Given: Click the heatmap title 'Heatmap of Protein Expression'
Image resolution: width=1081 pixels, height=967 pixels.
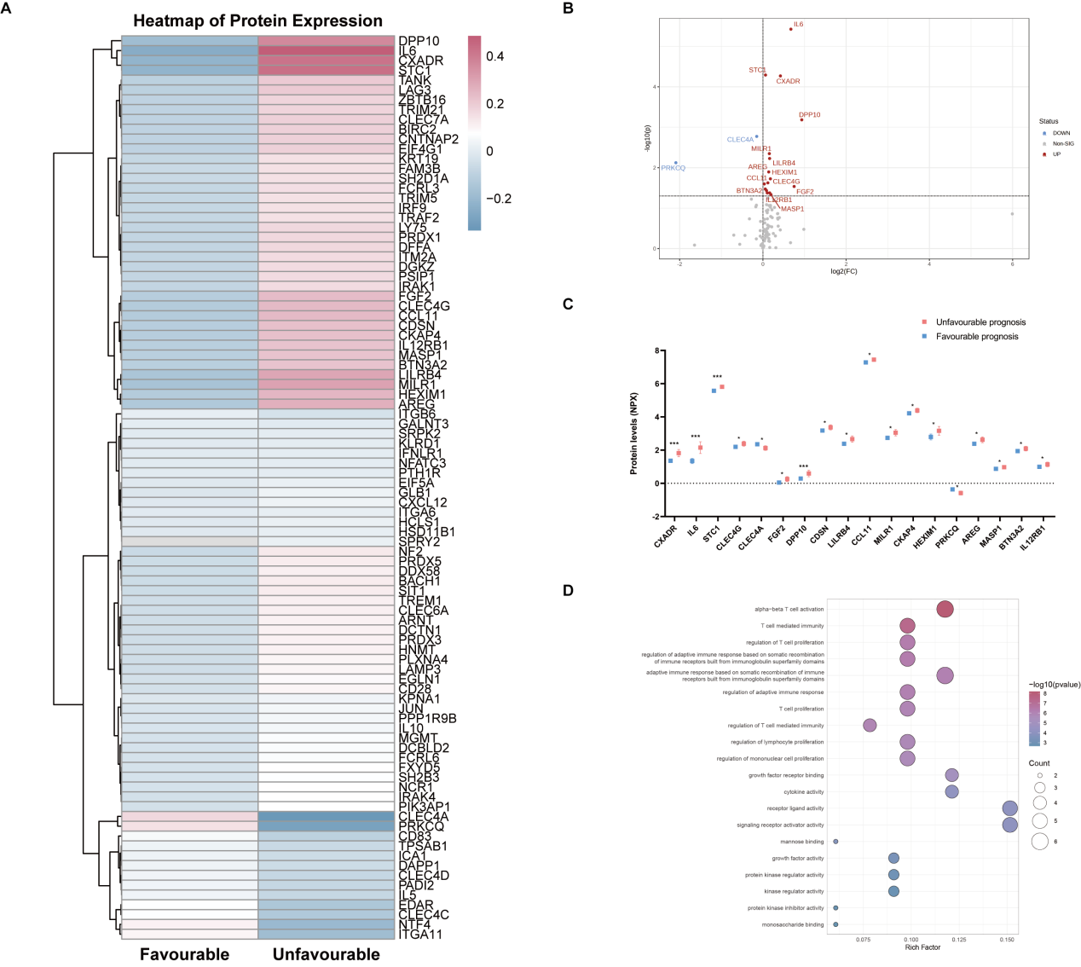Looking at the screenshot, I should coord(257,20).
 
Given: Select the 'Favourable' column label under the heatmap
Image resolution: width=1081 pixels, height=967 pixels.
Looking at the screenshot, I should coord(184,954).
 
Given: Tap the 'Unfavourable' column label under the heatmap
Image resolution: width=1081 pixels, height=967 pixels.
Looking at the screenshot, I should coord(326,954).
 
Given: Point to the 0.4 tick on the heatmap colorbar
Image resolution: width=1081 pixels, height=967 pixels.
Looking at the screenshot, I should coord(495,56).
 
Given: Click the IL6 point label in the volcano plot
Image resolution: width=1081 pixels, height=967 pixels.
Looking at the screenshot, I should coord(798,25).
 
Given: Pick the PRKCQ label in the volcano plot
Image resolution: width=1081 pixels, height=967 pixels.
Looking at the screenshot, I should coord(673,168).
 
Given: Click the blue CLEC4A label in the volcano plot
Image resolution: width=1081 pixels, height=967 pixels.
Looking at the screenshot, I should coord(740,140).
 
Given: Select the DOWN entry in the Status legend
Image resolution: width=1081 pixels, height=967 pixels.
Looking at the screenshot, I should coord(1061,133).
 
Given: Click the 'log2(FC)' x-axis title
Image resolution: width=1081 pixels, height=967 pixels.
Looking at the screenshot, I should coord(844,271).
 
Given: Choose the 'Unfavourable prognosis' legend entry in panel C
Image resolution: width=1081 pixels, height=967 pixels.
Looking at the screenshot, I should coord(980,322).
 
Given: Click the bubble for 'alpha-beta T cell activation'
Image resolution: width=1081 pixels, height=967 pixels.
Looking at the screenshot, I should coord(945,609).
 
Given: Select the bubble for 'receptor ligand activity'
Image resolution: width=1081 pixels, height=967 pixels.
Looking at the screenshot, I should coord(1009,808).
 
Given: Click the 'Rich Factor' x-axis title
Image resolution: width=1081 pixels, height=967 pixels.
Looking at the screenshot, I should coord(922,947).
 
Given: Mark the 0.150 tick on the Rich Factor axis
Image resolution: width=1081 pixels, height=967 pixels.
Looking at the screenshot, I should coord(1007,940).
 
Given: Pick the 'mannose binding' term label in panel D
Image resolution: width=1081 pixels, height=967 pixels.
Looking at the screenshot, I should coord(802,842).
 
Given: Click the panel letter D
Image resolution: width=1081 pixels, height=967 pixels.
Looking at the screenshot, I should coord(569,590).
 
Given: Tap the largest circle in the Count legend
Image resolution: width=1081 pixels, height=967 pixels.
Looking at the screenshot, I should coord(1039,842).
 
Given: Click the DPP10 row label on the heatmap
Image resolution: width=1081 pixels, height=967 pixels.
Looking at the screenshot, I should coord(419,41).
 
